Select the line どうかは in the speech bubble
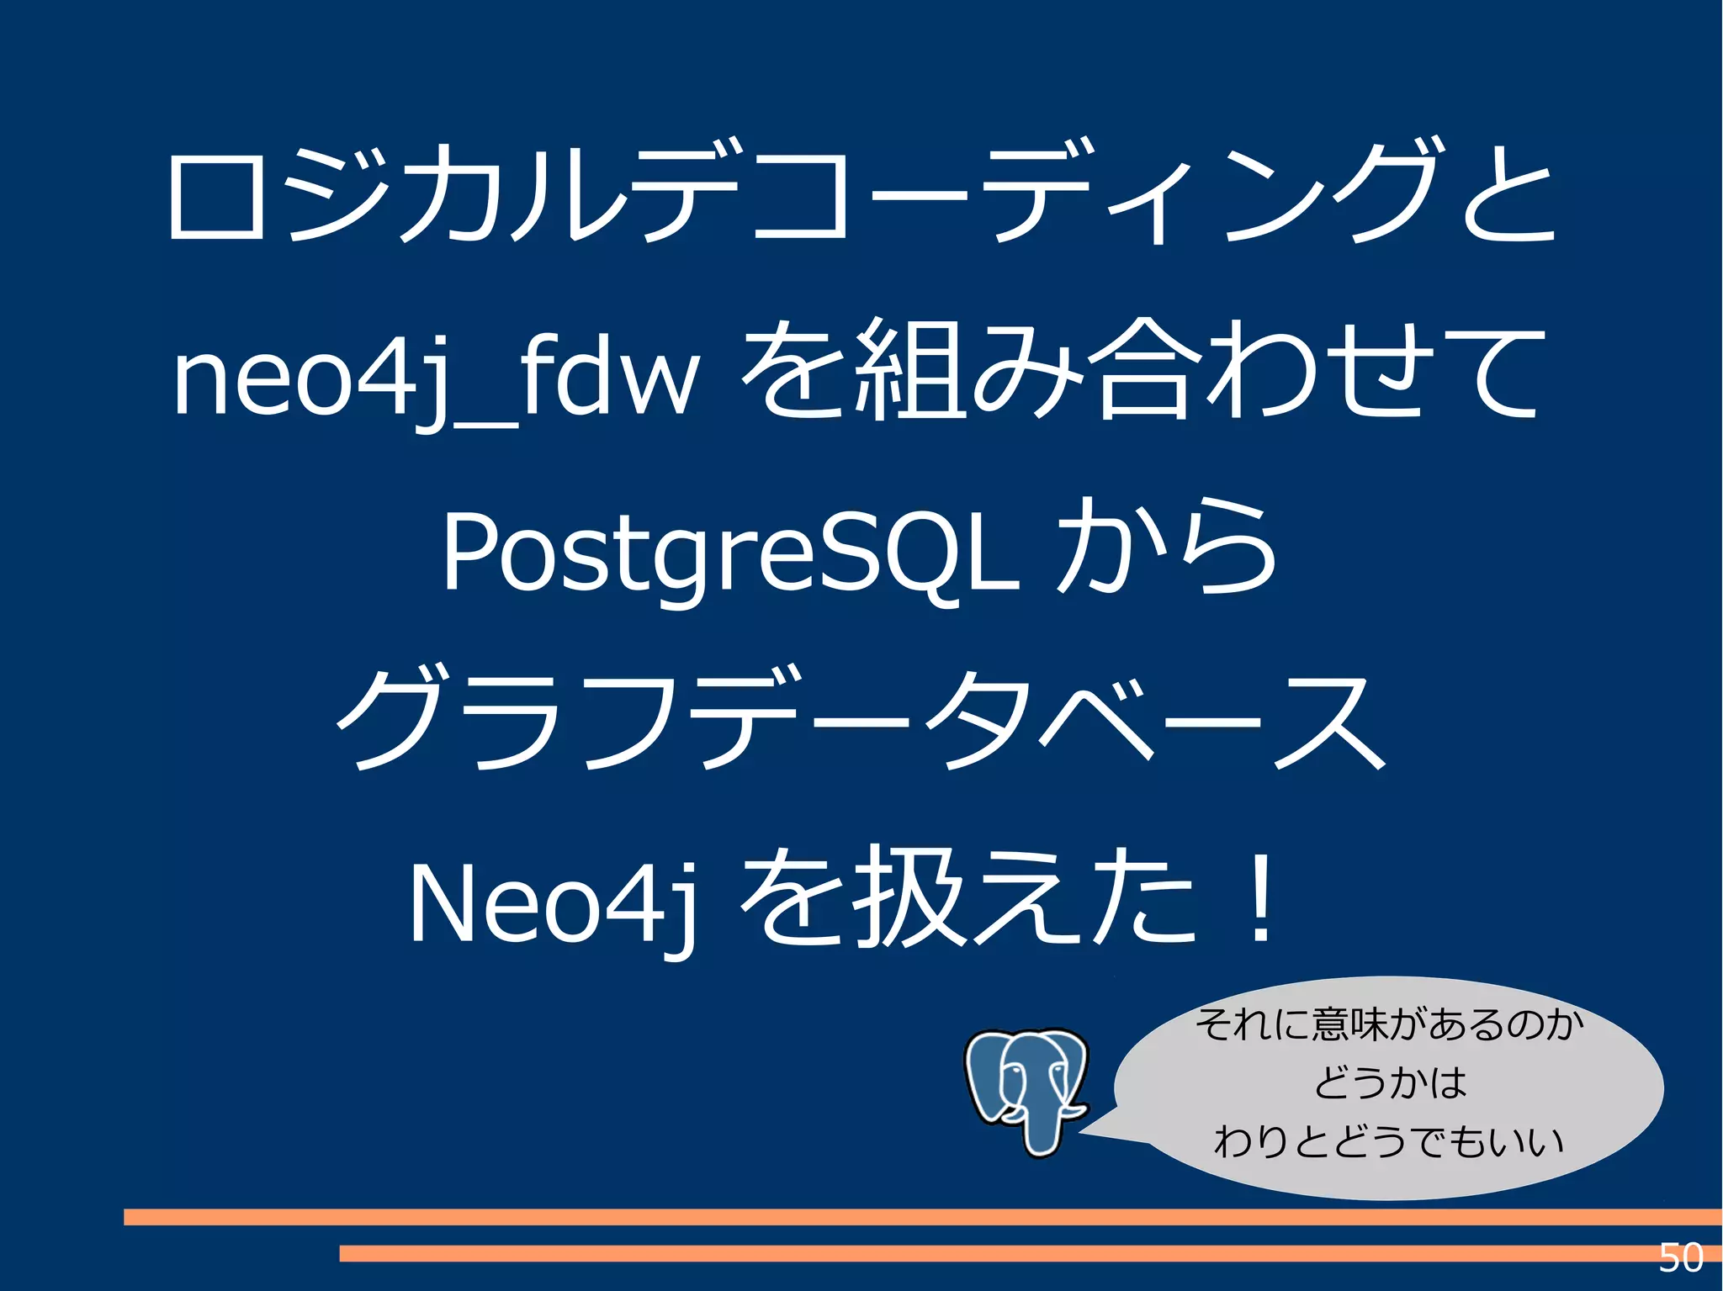[1390, 1082]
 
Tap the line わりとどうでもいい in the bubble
[1388, 1141]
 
